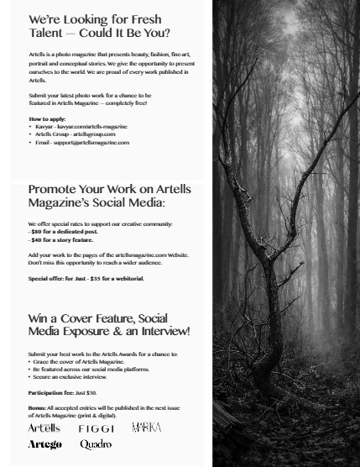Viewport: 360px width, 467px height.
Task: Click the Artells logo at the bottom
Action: tap(44, 428)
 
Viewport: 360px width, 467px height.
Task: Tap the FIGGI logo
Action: tap(97, 429)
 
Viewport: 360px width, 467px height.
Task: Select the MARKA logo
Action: tap(146, 428)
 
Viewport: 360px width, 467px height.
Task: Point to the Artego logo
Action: tap(44, 444)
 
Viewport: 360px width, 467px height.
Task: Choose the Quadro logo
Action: tap(96, 444)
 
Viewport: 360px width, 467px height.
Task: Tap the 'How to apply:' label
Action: tap(47, 119)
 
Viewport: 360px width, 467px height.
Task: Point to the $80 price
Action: tap(36, 232)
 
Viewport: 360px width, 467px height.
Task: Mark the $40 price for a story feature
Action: tap(36, 239)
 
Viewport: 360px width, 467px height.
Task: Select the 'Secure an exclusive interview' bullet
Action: tap(76, 377)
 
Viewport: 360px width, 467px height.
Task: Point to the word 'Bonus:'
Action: tap(37, 407)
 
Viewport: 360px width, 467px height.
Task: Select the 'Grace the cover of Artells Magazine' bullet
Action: tap(78, 362)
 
